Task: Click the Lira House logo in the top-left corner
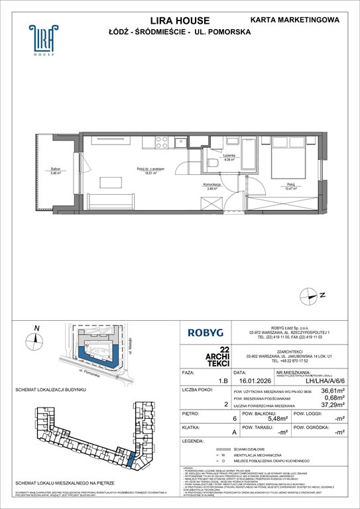(40, 39)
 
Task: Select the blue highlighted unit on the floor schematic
(131, 457)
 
